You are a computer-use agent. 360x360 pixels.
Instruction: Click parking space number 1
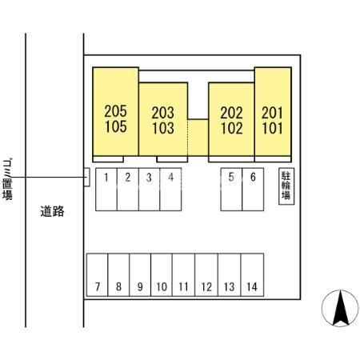[x=106, y=190]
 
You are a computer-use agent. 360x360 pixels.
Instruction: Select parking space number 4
[x=170, y=190]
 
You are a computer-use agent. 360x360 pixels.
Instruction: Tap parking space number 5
[x=231, y=190]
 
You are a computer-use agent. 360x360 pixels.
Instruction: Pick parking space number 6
[x=253, y=190]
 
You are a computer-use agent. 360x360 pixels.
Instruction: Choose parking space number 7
[x=98, y=274]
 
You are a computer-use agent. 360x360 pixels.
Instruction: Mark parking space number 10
[x=162, y=274]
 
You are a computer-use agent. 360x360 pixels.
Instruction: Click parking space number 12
[x=206, y=274]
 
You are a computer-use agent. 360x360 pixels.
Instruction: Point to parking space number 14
[x=252, y=274]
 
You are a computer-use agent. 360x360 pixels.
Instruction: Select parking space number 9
[x=140, y=274]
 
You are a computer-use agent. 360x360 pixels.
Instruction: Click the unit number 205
[x=115, y=111]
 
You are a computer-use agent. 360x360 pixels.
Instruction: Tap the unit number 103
[x=163, y=128]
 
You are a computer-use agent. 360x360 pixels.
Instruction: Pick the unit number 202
[x=231, y=113]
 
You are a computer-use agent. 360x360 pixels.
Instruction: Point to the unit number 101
[x=272, y=128]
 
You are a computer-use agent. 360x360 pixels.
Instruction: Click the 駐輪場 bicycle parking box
[x=286, y=186]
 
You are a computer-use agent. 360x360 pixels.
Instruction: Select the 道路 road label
[x=52, y=211]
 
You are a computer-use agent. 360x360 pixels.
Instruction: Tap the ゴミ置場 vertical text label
[x=7, y=179]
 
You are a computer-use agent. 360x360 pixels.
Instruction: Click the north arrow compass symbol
[x=340, y=308]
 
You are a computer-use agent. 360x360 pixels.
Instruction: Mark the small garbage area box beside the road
[x=86, y=177]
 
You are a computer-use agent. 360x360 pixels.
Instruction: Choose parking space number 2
[x=128, y=190]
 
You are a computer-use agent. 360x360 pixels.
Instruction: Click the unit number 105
[x=115, y=126]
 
